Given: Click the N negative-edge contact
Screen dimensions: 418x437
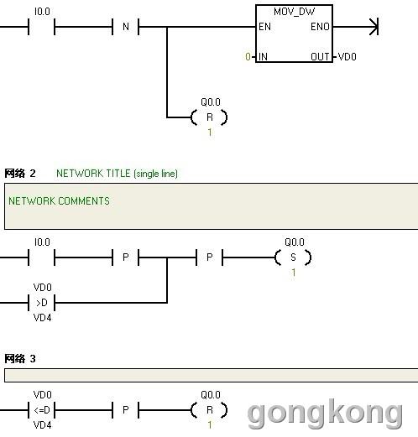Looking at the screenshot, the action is click(126, 27).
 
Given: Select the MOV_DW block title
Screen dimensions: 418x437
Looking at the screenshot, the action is click(294, 12).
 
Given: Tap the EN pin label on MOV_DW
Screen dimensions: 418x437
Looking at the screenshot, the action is click(264, 27).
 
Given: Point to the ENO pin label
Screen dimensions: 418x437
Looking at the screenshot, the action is click(320, 27).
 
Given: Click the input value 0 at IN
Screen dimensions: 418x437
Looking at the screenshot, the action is click(248, 57).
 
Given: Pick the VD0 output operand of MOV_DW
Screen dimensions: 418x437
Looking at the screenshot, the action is click(347, 57).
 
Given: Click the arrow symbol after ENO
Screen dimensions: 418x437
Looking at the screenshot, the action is click(374, 27).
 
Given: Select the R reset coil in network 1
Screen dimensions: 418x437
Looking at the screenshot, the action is click(209, 117).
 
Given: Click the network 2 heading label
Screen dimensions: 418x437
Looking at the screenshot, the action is click(20, 174).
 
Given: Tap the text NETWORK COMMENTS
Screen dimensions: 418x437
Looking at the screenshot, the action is click(59, 201).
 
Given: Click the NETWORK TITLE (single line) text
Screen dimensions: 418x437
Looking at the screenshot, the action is click(117, 174).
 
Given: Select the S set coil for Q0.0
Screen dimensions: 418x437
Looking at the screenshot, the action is click(293, 258).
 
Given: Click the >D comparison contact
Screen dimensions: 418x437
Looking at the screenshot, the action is click(42, 303).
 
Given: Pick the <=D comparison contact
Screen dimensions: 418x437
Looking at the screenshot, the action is click(42, 410).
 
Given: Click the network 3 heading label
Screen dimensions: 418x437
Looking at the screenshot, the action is click(20, 358).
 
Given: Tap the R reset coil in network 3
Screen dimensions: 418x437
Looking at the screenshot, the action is click(209, 410).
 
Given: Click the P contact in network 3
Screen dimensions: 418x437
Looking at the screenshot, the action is click(126, 410).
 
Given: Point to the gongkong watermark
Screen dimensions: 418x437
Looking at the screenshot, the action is click(325, 414).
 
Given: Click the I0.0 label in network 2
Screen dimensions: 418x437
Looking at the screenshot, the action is click(42, 242).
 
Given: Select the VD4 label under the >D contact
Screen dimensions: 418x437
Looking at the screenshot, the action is click(42, 318).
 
